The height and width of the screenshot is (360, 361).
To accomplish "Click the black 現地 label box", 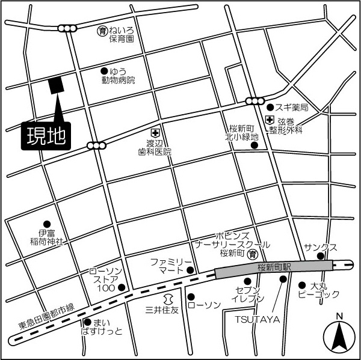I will (46, 136).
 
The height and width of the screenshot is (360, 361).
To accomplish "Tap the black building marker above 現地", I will (56, 86).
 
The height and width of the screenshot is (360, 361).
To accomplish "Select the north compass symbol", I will (339, 336).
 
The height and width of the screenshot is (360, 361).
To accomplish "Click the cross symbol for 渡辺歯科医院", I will (155, 132).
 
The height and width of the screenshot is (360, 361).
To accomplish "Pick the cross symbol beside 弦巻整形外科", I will (269, 120).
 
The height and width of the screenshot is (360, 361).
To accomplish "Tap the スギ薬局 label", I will (292, 108).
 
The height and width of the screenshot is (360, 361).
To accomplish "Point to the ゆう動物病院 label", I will (119, 75).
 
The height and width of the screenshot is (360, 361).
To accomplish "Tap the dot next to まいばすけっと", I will (88, 322).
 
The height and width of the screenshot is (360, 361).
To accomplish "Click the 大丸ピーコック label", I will (319, 290).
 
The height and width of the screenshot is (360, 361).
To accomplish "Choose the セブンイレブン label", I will (247, 294).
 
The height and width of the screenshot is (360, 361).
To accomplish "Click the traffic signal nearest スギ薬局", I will (255, 101).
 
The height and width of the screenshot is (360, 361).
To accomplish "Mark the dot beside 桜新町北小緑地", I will (255, 145).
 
